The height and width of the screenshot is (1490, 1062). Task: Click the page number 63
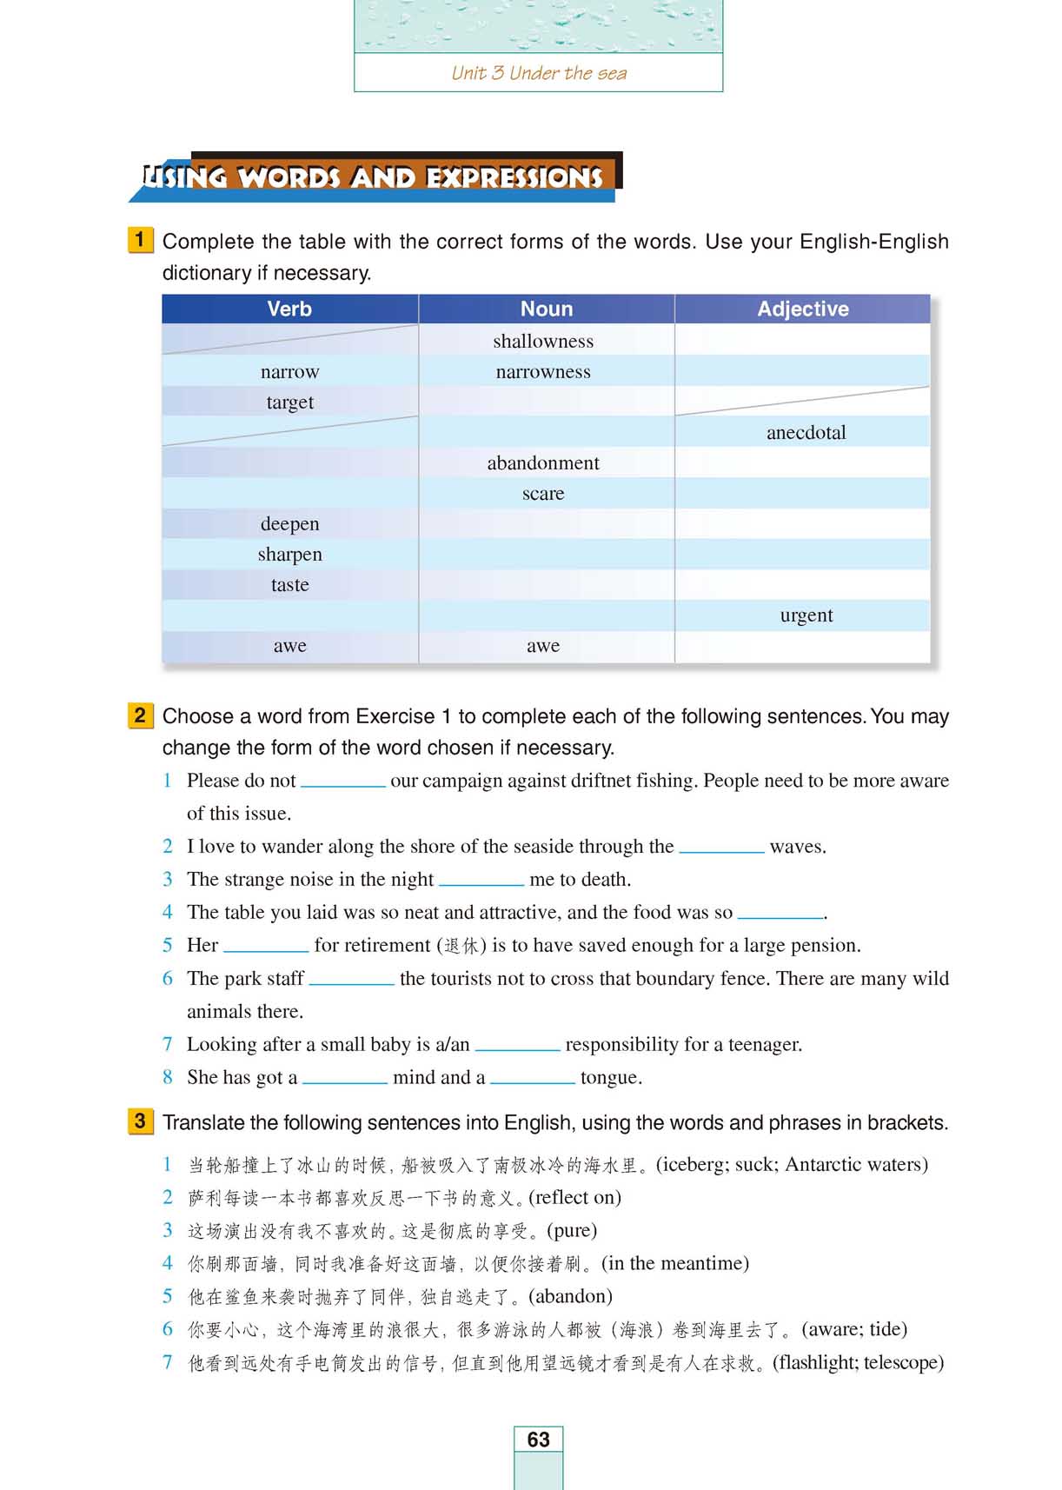538,1439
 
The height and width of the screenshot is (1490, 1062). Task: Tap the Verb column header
289,309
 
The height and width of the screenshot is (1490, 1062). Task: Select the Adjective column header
802,309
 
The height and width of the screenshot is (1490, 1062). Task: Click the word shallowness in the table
543,341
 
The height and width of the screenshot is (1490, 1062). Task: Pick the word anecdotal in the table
806,432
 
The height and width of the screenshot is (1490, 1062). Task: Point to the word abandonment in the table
543,462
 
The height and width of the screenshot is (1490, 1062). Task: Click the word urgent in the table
806,615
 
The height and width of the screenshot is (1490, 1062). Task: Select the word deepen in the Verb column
289,523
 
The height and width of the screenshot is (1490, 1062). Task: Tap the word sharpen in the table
289,554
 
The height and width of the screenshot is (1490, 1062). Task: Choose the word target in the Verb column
289,402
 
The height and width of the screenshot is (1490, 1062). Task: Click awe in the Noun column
543,645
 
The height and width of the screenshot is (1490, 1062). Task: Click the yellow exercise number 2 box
140,715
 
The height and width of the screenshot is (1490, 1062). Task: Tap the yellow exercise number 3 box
140,1121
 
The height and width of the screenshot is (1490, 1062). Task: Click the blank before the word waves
721,848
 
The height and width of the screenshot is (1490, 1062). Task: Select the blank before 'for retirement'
266,947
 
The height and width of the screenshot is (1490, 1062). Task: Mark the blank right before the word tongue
532,1079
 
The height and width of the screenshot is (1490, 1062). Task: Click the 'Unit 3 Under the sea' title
539,73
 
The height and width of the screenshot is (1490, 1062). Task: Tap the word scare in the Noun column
543,493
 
